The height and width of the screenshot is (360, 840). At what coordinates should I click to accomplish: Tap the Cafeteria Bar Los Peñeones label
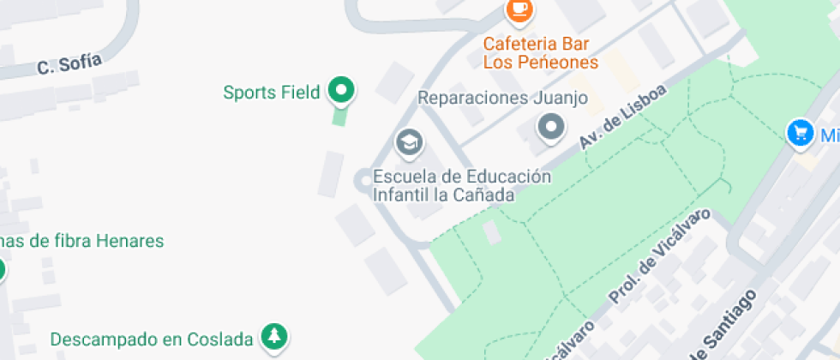[x=540, y=52]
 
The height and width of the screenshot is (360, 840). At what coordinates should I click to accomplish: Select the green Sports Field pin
[x=341, y=89]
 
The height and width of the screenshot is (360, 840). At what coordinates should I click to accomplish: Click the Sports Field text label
[x=272, y=93]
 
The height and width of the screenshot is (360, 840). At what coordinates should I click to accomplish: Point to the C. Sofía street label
[x=69, y=64]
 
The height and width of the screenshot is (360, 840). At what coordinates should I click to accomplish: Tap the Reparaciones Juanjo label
[x=502, y=98]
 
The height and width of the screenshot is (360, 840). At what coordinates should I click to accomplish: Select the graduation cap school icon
[x=409, y=142]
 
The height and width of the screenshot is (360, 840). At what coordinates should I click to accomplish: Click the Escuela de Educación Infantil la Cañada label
[x=460, y=186]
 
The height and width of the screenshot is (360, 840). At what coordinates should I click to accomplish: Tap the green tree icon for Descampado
[x=274, y=338]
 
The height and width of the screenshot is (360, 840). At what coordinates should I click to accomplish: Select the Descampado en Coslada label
[x=152, y=339]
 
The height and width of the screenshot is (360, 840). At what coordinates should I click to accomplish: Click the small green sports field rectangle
[x=339, y=115]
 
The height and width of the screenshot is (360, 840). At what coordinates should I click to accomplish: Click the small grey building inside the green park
[x=492, y=231]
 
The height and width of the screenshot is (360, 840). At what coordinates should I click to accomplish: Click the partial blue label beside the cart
[x=829, y=135]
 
